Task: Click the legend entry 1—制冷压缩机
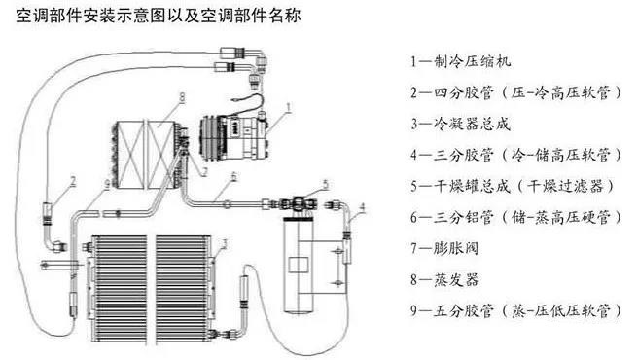pyautogui.click(x=460, y=61)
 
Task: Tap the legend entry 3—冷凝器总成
pyautogui.click(x=460, y=124)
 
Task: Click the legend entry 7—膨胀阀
pyautogui.click(x=444, y=248)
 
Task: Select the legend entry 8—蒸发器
pyautogui.click(x=444, y=280)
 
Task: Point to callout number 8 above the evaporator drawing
pyautogui.click(x=182, y=97)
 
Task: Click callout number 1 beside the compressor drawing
pyautogui.click(x=289, y=107)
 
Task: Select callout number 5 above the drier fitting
pyautogui.click(x=325, y=185)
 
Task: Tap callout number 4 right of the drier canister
pyautogui.click(x=362, y=208)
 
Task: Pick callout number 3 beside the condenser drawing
pyautogui.click(x=224, y=244)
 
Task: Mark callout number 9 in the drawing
pyautogui.click(x=107, y=185)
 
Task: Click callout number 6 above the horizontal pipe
pyautogui.click(x=233, y=177)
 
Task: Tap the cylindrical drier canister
pyautogui.click(x=299, y=265)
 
